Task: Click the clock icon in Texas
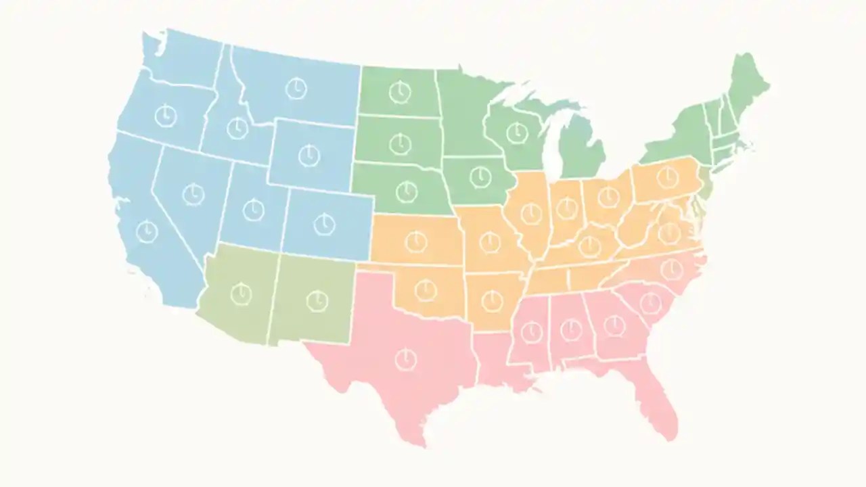click(x=405, y=359)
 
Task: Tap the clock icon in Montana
click(x=296, y=89)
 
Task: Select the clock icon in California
click(x=146, y=232)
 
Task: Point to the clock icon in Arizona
click(x=241, y=294)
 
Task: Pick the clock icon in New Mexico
click(x=317, y=300)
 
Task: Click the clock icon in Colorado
click(x=324, y=223)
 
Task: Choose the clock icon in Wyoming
click(x=309, y=155)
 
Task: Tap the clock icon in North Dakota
click(x=400, y=91)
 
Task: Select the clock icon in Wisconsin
click(x=517, y=133)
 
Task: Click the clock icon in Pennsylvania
click(x=668, y=177)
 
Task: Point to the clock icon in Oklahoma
click(x=424, y=290)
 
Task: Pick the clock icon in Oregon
click(x=165, y=116)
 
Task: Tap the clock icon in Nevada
click(x=193, y=194)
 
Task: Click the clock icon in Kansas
click(x=416, y=241)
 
